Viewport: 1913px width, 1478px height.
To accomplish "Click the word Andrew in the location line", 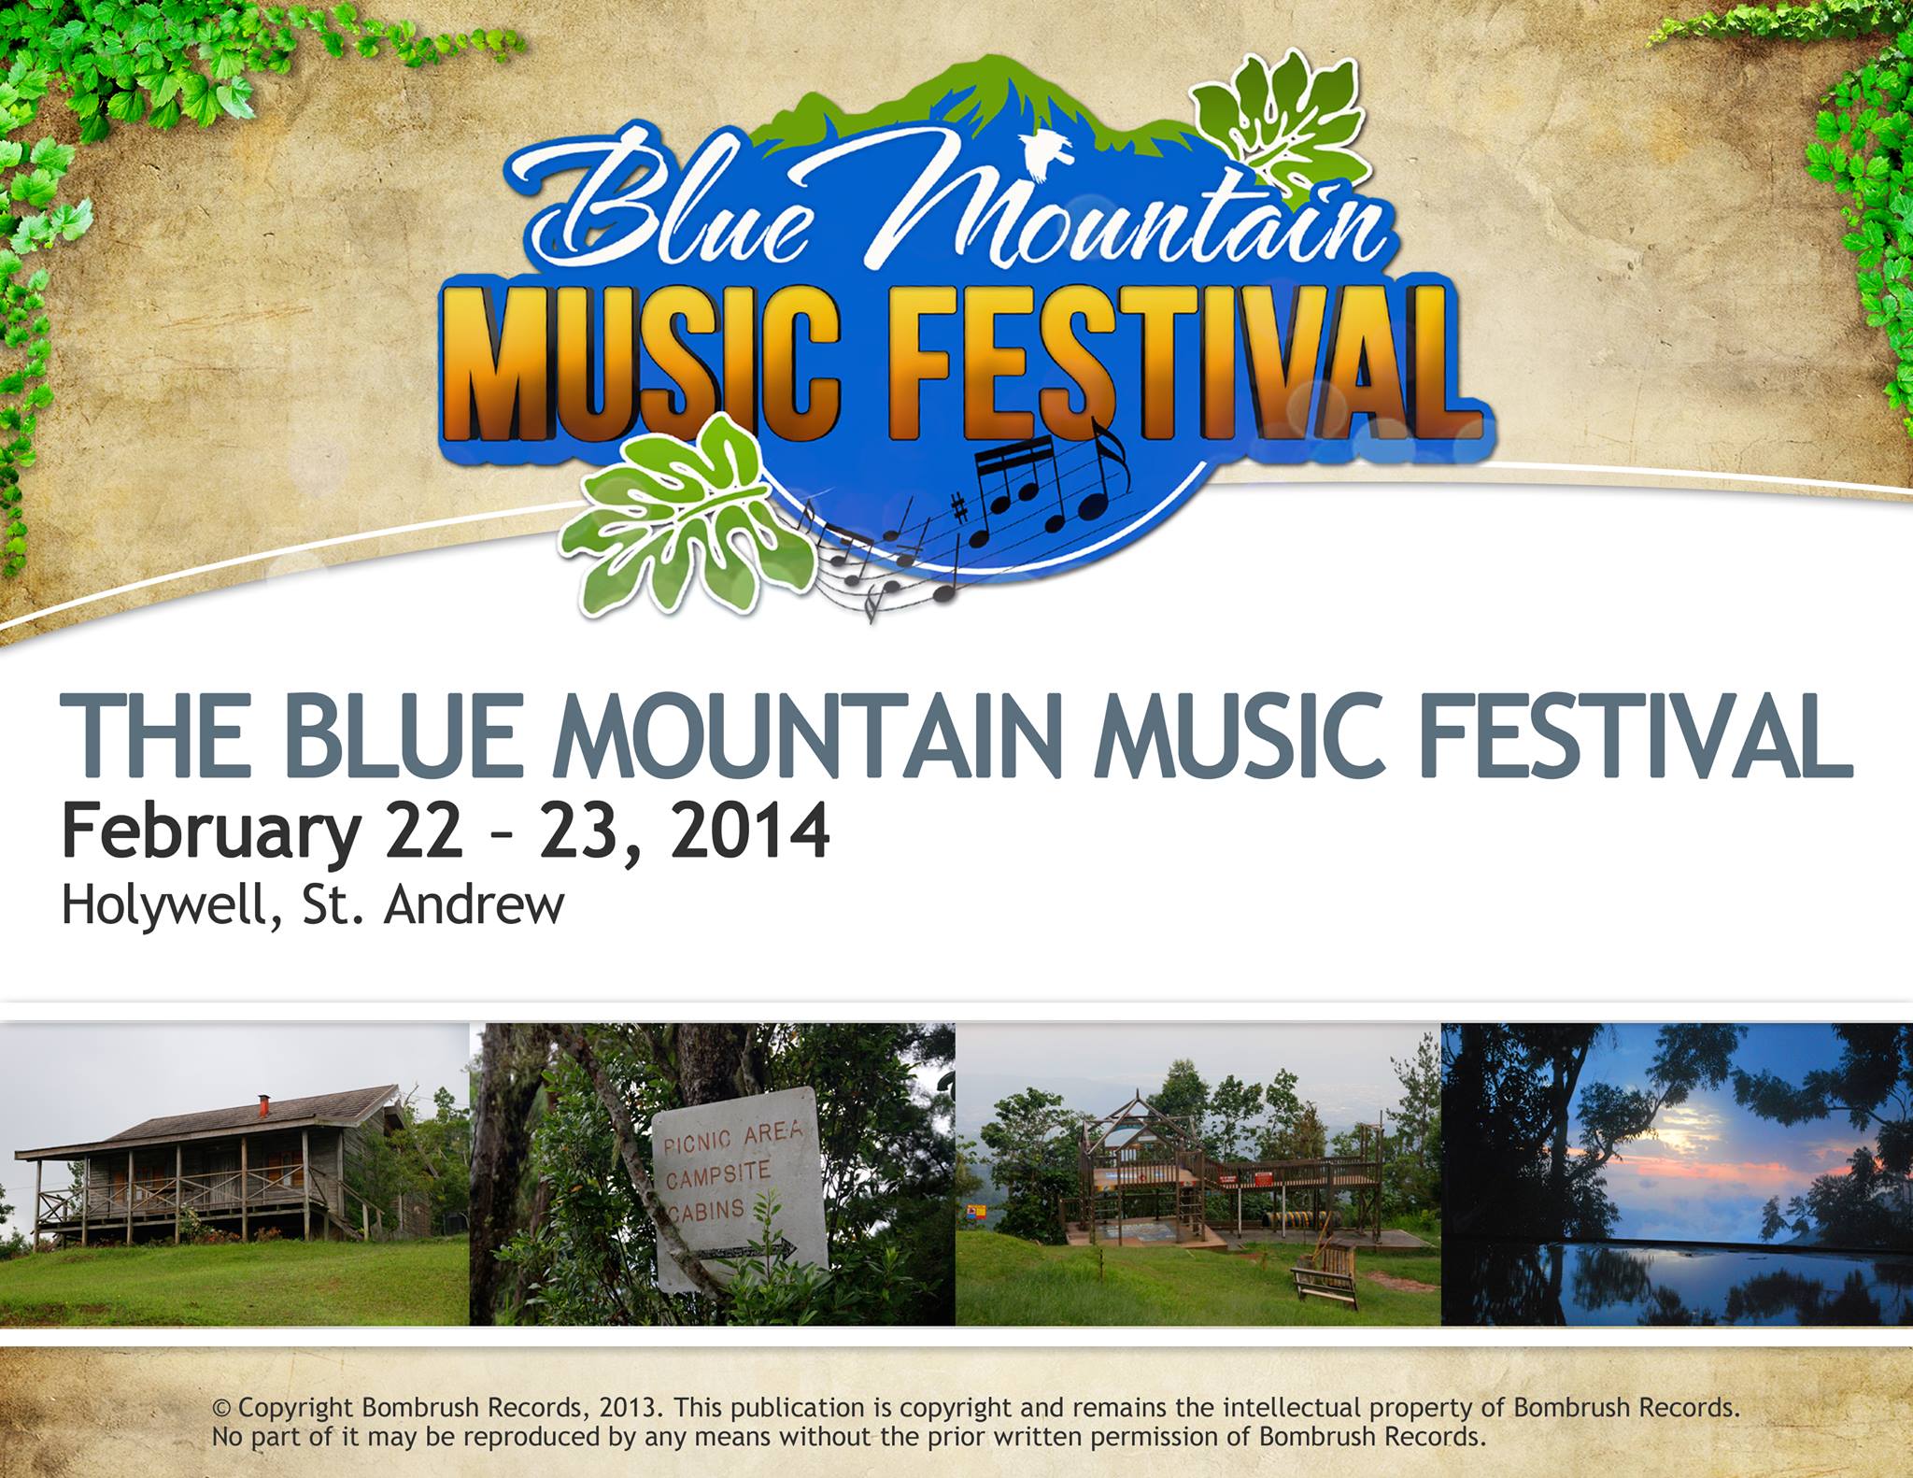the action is point(474,905).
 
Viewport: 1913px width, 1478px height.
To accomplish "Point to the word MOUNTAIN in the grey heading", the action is point(809,735).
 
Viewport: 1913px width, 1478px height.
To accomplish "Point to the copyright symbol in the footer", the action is point(221,1407).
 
